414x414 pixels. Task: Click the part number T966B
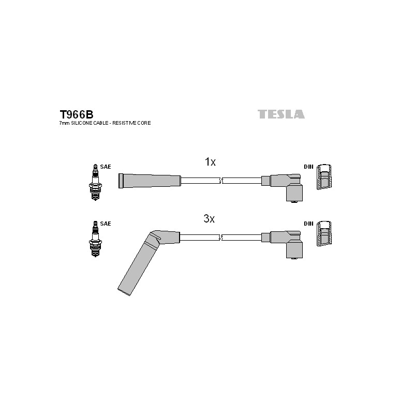pos(77,114)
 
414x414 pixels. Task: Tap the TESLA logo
pos(281,114)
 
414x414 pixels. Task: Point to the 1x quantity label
pos(210,162)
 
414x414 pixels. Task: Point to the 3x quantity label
pos(209,218)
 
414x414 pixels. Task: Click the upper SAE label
pos(106,167)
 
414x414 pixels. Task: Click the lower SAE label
pos(106,224)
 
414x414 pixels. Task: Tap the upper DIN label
pos(308,167)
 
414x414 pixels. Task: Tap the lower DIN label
pos(308,224)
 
